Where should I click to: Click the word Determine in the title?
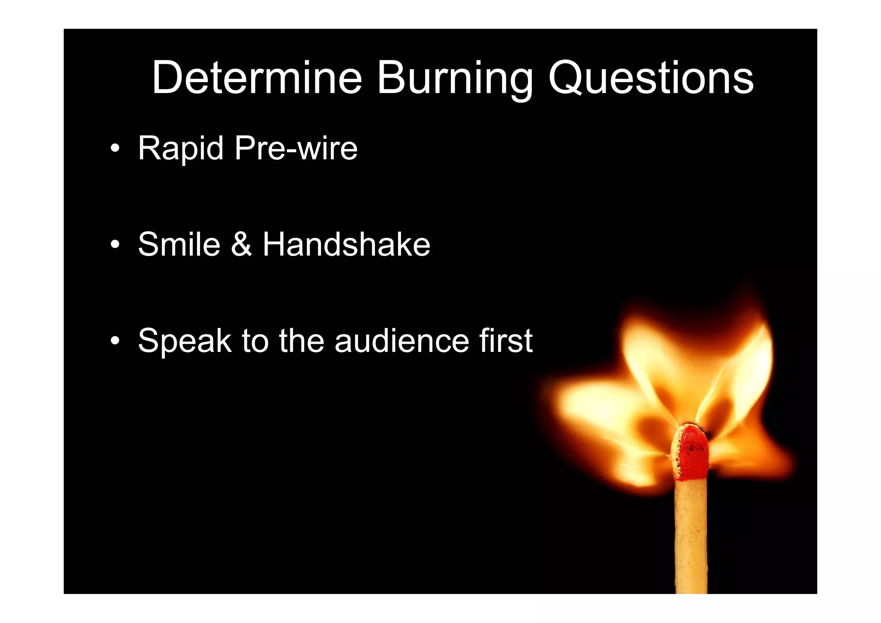[x=257, y=78]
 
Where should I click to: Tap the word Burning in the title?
[x=455, y=78]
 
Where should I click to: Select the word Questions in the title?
[x=650, y=78]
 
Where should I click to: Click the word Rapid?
[x=181, y=149]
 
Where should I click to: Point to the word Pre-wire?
[x=296, y=149]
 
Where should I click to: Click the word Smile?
[x=179, y=244]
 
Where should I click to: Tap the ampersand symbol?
[x=241, y=244]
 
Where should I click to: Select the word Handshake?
[x=346, y=244]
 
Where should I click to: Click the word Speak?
[x=185, y=341]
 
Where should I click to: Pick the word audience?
[x=402, y=341]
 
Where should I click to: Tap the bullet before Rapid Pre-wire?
[x=114, y=149]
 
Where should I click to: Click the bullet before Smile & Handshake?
[x=114, y=245]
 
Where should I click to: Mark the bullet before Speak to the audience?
[x=114, y=341]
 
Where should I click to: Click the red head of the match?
[x=691, y=452]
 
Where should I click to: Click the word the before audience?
[x=301, y=341]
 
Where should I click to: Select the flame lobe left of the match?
[x=602, y=413]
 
